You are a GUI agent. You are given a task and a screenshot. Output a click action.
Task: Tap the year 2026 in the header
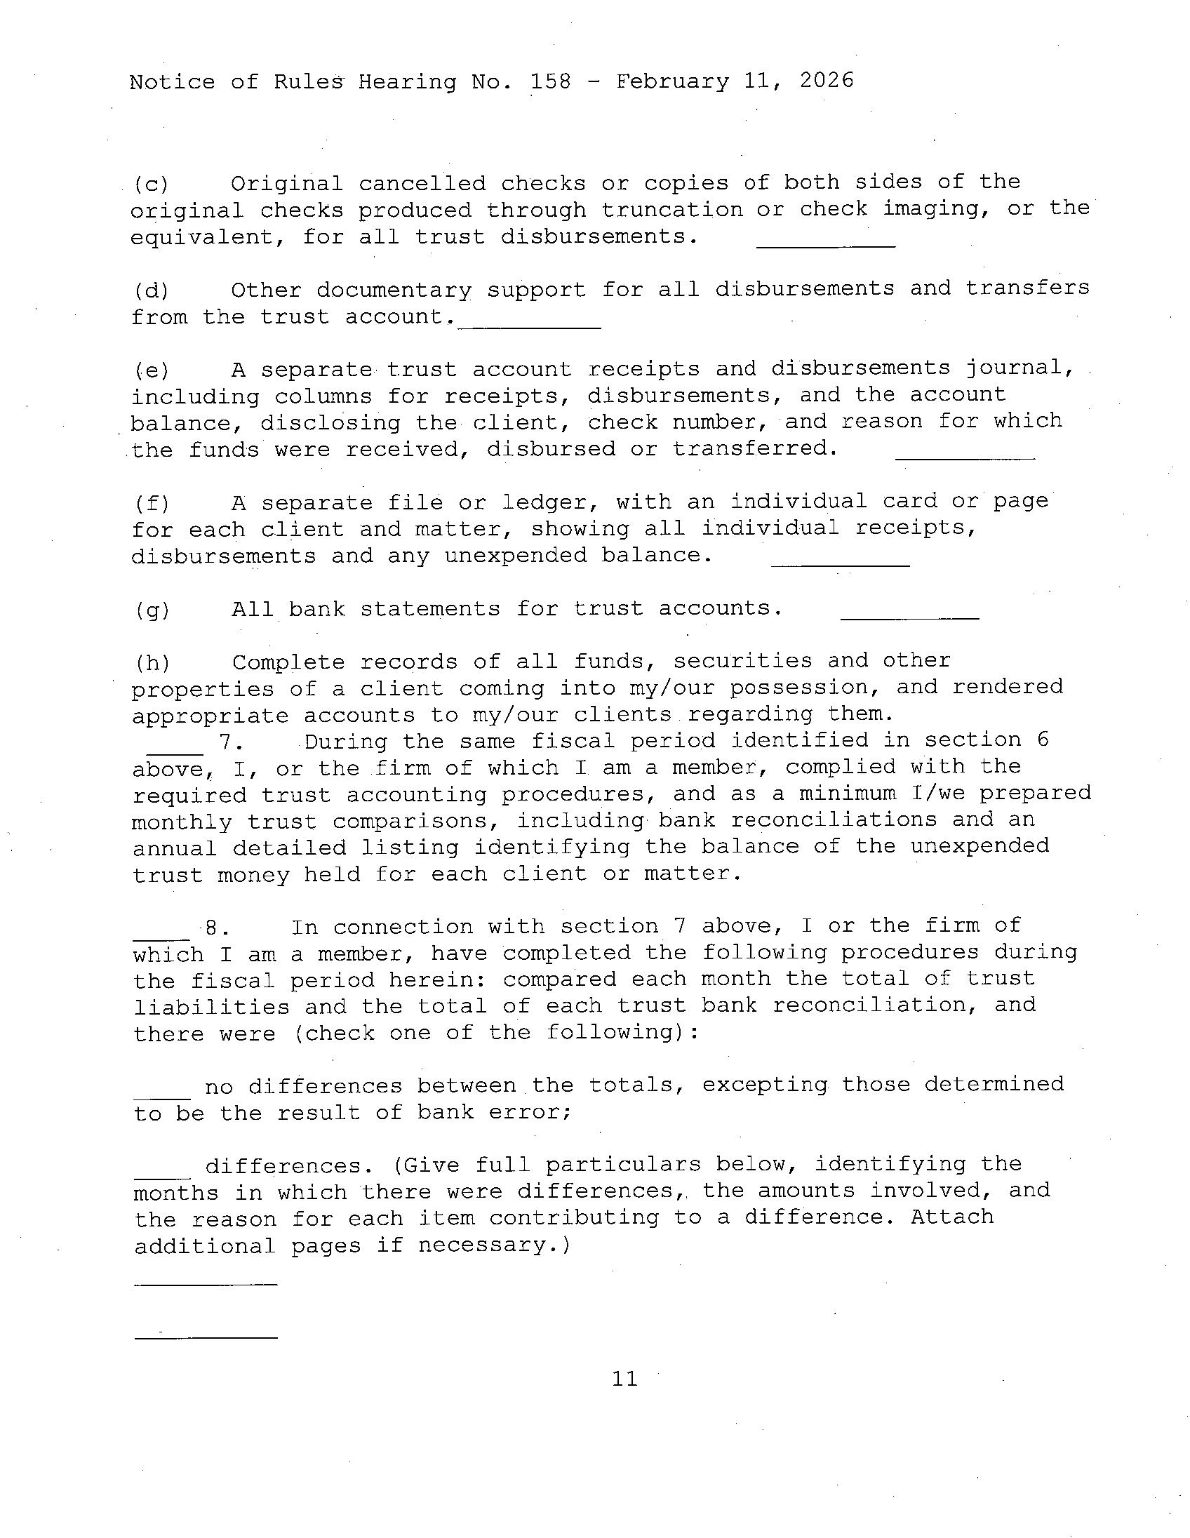[826, 80]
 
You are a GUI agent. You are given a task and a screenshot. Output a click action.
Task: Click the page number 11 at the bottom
[624, 1378]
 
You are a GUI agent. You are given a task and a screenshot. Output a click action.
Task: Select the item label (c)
[152, 185]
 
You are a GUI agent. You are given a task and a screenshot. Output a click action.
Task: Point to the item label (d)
[152, 291]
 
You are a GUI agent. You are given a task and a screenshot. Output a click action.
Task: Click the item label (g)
[152, 610]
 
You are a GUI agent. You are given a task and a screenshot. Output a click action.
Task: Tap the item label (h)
[152, 663]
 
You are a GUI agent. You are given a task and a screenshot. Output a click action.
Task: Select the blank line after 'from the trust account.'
[530, 327]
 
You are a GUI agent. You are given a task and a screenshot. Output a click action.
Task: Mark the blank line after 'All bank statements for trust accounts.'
[910, 617]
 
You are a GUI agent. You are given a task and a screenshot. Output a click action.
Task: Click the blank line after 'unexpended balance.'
[840, 564]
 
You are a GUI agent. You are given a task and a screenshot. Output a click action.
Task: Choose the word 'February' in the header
[672, 81]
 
